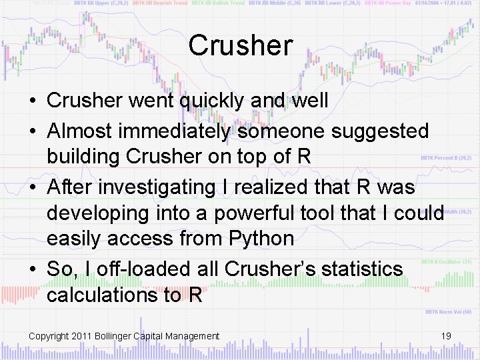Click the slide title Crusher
[240, 45]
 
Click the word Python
[261, 238]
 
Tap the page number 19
[446, 335]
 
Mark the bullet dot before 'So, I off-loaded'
[32, 269]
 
